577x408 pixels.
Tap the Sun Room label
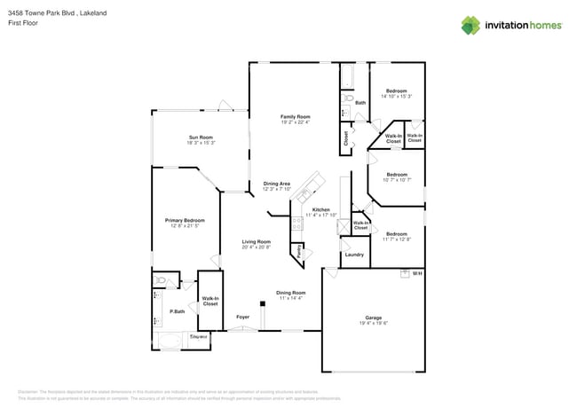pos(201,137)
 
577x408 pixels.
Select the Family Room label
pos(295,116)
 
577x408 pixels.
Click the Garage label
pos(373,318)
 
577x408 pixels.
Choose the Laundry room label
pos(354,255)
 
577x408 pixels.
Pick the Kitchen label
pos(320,209)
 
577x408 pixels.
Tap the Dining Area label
pos(276,184)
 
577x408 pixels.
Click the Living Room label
pos(257,241)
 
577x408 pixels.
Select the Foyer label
pos(242,317)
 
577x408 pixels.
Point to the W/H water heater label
pos(416,273)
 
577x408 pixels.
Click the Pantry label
pos(299,251)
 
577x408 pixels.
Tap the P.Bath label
pos(178,311)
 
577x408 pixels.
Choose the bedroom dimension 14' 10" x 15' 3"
pos(396,96)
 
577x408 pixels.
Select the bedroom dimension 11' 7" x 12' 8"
pos(397,239)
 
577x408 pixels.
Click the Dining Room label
pos(290,292)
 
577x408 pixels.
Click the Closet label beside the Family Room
pos(345,137)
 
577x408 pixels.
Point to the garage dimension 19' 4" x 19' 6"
pos(373,323)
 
